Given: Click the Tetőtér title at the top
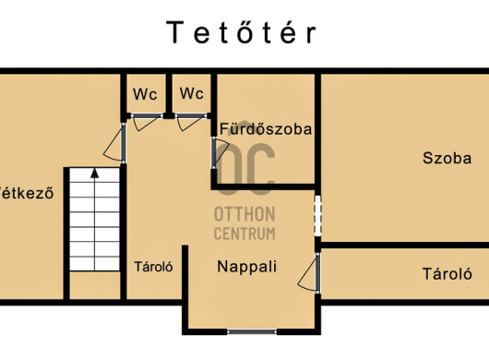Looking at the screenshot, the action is [242, 32].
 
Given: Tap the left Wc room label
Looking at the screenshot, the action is [145, 94].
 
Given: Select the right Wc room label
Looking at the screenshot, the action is [192, 93].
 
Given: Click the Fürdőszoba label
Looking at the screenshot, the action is [266, 129].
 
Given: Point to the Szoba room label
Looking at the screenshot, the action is [447, 158].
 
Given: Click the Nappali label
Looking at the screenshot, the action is [246, 267].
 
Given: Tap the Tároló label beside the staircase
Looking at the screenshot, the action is [153, 267].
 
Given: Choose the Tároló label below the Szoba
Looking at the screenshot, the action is [447, 274].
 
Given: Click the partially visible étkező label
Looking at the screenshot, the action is [27, 193].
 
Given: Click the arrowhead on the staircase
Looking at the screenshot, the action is [94, 174].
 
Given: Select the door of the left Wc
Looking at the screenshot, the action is [147, 122].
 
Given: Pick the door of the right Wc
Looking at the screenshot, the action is [191, 122].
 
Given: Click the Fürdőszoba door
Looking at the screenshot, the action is [220, 153].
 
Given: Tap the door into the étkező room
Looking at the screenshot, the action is [114, 143].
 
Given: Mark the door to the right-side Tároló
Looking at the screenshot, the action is [309, 272].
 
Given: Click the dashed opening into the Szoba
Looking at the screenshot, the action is [317, 216].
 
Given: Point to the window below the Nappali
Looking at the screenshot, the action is [252, 331].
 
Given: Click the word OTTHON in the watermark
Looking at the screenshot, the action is [244, 214].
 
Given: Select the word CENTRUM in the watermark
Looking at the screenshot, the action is [244, 234].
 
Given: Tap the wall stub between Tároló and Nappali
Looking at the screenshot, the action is [185, 272].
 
